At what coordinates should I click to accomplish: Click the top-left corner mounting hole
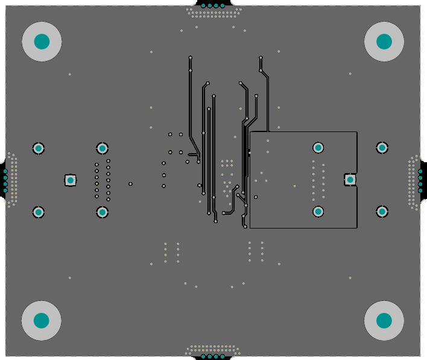pos(42,42)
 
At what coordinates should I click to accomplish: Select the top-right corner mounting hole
pos(384,42)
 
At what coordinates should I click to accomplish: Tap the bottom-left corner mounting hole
pos(42,320)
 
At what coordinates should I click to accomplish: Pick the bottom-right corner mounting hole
pos(384,320)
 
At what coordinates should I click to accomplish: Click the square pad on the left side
pos(71,180)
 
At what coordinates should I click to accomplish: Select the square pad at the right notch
pos(350,179)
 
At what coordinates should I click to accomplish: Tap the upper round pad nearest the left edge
pos(39,148)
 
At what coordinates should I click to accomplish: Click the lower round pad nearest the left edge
pos(39,212)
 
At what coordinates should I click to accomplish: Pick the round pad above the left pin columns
pos(103,148)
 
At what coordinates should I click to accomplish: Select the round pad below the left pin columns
pos(103,212)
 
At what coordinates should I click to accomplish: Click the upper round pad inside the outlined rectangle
pos(318,147)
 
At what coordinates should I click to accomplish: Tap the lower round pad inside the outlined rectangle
pos(318,211)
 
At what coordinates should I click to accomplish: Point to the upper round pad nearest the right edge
pos(382,147)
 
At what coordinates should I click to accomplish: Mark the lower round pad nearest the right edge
pos(382,211)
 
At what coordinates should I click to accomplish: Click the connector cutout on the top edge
pos(209,5)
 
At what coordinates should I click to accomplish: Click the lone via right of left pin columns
pos(130,183)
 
